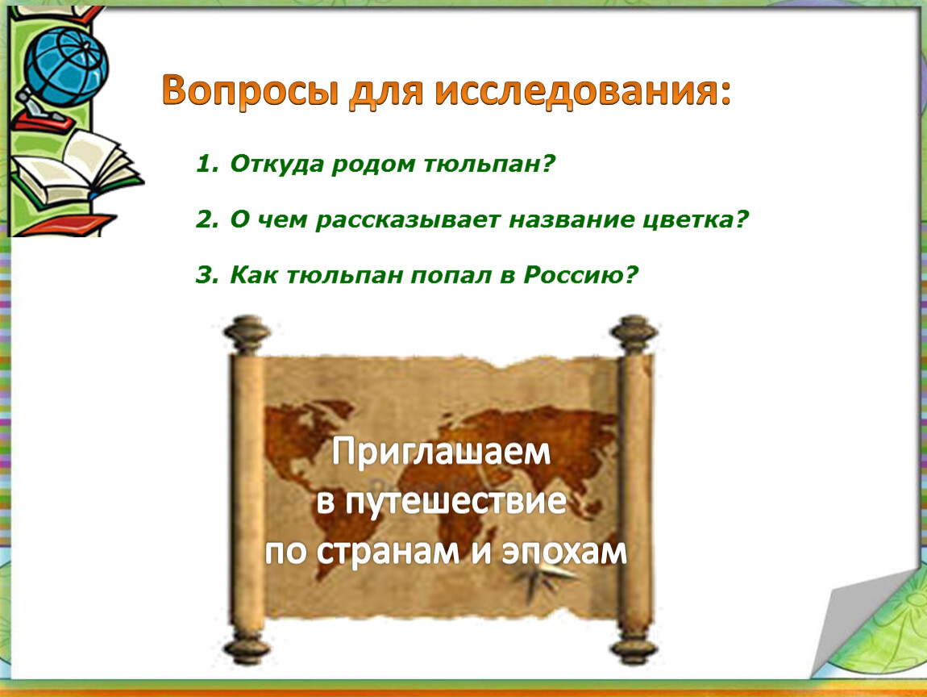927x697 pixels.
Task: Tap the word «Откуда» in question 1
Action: pyautogui.click(x=276, y=165)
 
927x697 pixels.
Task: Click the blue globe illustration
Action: pyautogui.click(x=66, y=66)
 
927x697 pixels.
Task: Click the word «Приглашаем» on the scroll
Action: pyautogui.click(x=441, y=452)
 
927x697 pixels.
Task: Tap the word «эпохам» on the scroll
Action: pyautogui.click(x=564, y=552)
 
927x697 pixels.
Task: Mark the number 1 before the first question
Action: pyautogui.click(x=205, y=163)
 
